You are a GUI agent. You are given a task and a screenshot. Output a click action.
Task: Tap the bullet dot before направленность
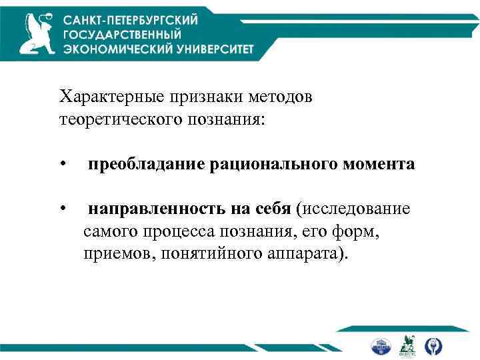pos(61,210)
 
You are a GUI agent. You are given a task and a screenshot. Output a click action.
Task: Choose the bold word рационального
pos(265,164)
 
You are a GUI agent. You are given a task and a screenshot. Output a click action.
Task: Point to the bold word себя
pos(273,209)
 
